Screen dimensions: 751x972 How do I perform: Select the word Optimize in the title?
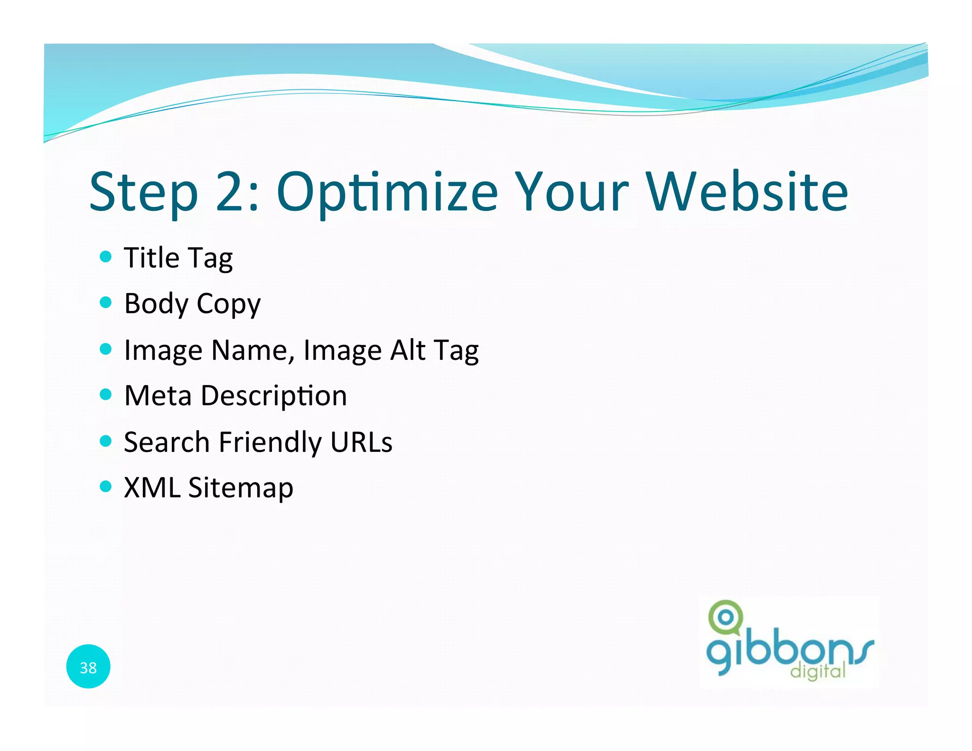(387, 192)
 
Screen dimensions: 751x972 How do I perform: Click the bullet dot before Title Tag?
(106, 257)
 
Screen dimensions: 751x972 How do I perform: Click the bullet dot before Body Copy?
(106, 302)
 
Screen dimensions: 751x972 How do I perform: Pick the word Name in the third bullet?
(249, 350)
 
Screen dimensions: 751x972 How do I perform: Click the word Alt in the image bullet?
(408, 350)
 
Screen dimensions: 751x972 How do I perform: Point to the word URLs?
(361, 442)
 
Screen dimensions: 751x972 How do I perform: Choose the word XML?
(152, 488)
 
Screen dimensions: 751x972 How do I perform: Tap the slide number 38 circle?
(88, 667)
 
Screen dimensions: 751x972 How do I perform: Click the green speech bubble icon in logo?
(725, 617)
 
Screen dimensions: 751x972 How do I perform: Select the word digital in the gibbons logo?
(818, 671)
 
